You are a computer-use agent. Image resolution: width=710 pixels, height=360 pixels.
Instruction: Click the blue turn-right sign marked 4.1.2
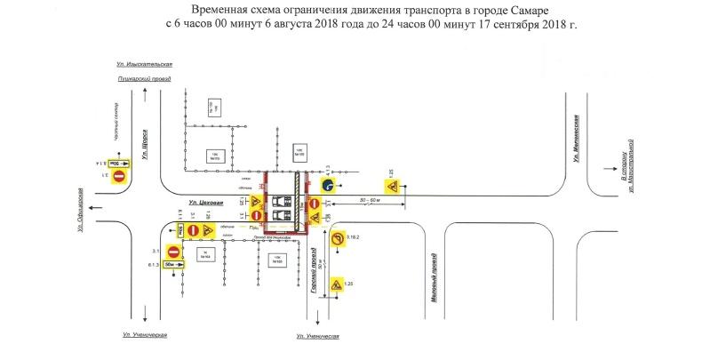coord(328,186)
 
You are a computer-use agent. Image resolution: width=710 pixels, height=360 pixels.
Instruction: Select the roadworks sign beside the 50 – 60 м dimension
coord(391,188)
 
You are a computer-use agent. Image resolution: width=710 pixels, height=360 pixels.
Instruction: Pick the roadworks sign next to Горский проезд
coord(337,286)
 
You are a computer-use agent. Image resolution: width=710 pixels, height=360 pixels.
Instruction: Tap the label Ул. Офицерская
coord(81,209)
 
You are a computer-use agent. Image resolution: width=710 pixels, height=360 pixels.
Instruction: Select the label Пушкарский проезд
coord(144,79)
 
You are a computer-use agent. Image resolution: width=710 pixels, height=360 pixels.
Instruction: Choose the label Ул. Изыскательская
coord(143,65)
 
